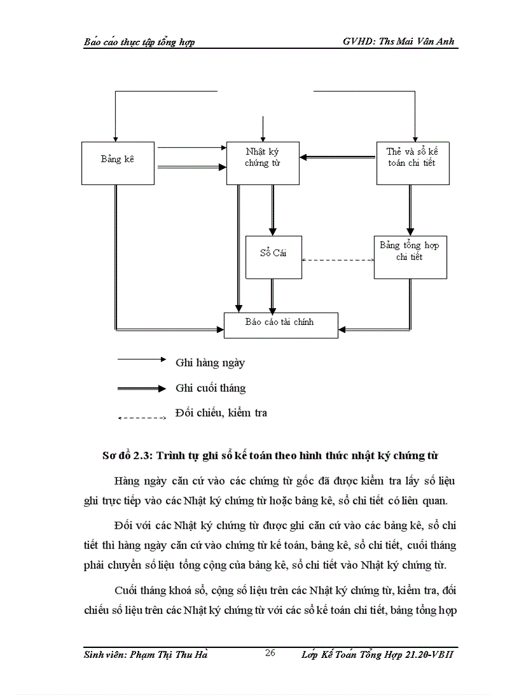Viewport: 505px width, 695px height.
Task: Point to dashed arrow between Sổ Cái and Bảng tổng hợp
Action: tap(338, 260)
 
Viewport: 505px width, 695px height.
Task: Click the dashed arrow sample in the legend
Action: tap(142, 418)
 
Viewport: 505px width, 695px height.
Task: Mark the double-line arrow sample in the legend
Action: tap(142, 389)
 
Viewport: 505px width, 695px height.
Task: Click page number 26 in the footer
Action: tap(269, 654)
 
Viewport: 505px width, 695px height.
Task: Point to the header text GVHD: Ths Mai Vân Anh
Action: tap(402, 41)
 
